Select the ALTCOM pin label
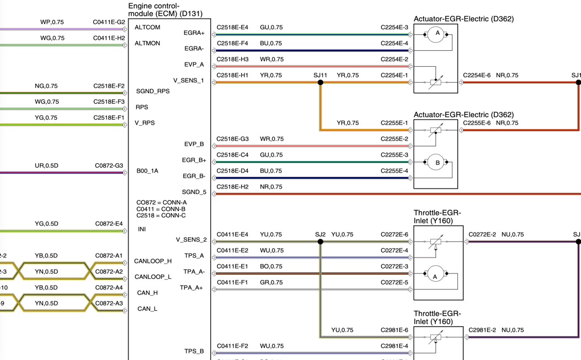pyautogui.click(x=147, y=27)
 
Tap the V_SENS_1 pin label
pyautogui.click(x=188, y=80)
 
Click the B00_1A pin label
pyautogui.click(x=147, y=171)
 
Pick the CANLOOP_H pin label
pyautogui.click(x=153, y=261)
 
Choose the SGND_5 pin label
pyautogui.click(x=194, y=192)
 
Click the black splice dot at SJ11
pyautogui.click(x=320, y=83)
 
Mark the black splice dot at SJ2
pyautogui.click(x=320, y=241)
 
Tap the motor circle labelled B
pyautogui.click(x=437, y=163)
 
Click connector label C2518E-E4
pyautogui.click(x=232, y=27)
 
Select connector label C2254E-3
pyautogui.click(x=394, y=27)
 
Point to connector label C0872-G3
pyautogui.click(x=109, y=165)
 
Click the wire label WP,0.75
pyautogui.click(x=52, y=22)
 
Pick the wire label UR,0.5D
pyautogui.click(x=46, y=165)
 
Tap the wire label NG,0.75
pyautogui.click(x=46, y=86)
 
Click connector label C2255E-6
pyautogui.click(x=477, y=123)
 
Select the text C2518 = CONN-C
pyautogui.click(x=161, y=216)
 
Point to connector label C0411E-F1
pyautogui.click(x=232, y=282)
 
